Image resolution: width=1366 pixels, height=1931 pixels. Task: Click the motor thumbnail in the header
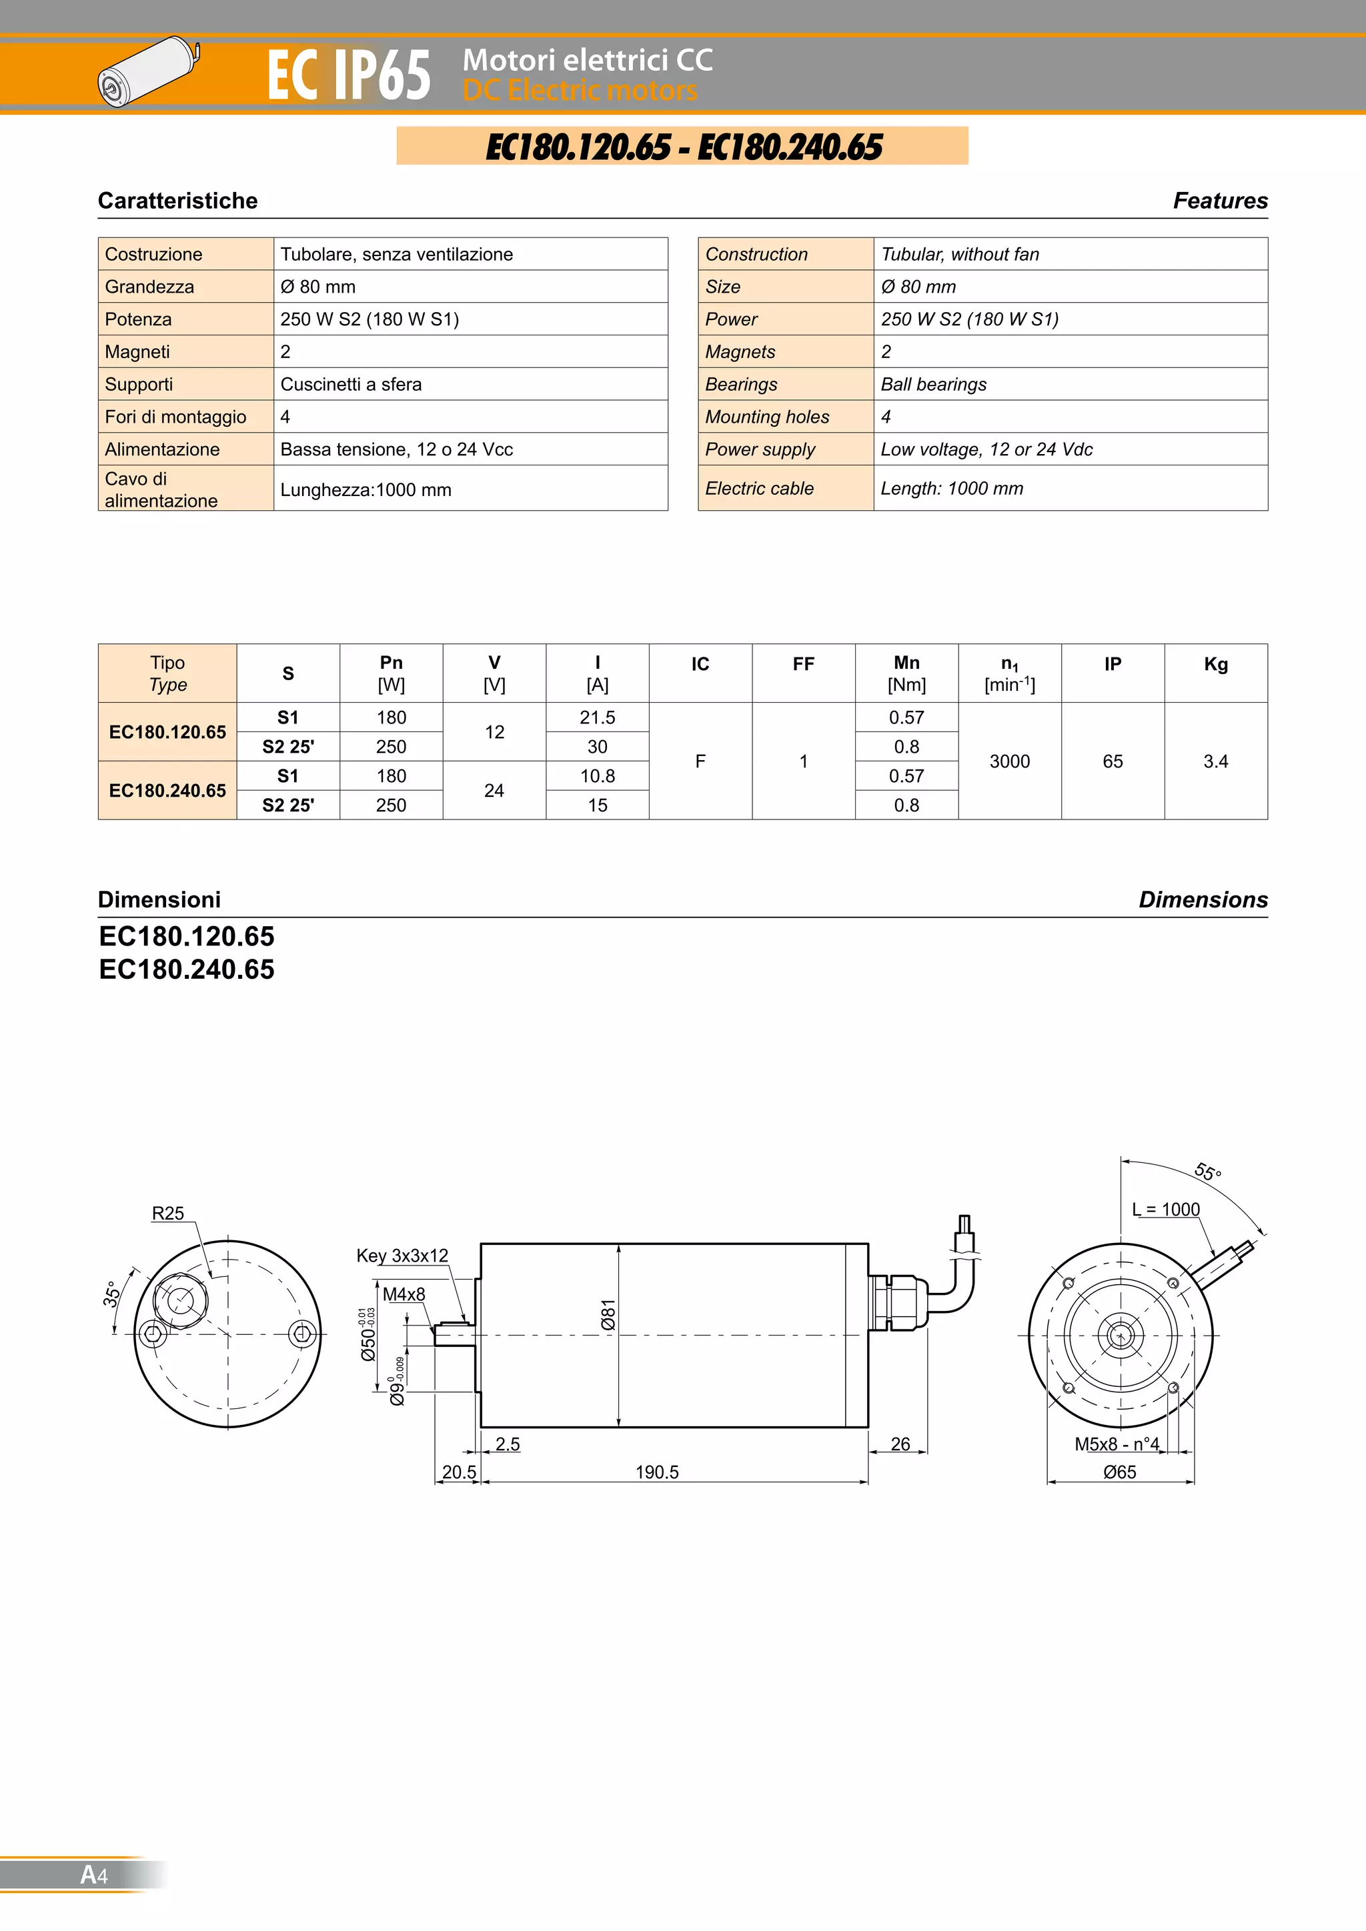click(148, 71)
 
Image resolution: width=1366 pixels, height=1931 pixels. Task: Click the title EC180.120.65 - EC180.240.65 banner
click(682, 146)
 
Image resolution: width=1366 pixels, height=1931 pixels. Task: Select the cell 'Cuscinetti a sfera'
click(351, 384)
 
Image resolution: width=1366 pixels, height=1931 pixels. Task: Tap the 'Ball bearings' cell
click(933, 384)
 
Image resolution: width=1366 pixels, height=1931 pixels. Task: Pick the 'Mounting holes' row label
click(766, 417)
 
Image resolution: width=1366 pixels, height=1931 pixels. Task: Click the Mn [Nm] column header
click(906, 673)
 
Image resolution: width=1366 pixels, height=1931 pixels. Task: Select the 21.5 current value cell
click(596, 717)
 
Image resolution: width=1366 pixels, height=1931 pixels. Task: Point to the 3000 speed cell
click(1008, 761)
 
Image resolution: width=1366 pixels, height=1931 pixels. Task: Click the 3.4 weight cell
click(1215, 761)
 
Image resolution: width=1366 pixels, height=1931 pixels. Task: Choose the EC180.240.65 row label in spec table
click(167, 791)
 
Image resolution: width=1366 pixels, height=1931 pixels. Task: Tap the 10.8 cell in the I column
click(596, 776)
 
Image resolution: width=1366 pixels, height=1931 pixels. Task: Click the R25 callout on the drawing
click(167, 1213)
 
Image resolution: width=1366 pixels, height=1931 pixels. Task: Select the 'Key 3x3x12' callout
click(402, 1256)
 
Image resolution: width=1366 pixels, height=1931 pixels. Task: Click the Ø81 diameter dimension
click(608, 1314)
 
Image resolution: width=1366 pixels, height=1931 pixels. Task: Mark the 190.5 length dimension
click(656, 1472)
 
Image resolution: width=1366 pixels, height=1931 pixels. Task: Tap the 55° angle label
click(1207, 1172)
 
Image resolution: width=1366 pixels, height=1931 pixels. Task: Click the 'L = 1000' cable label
click(1165, 1210)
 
